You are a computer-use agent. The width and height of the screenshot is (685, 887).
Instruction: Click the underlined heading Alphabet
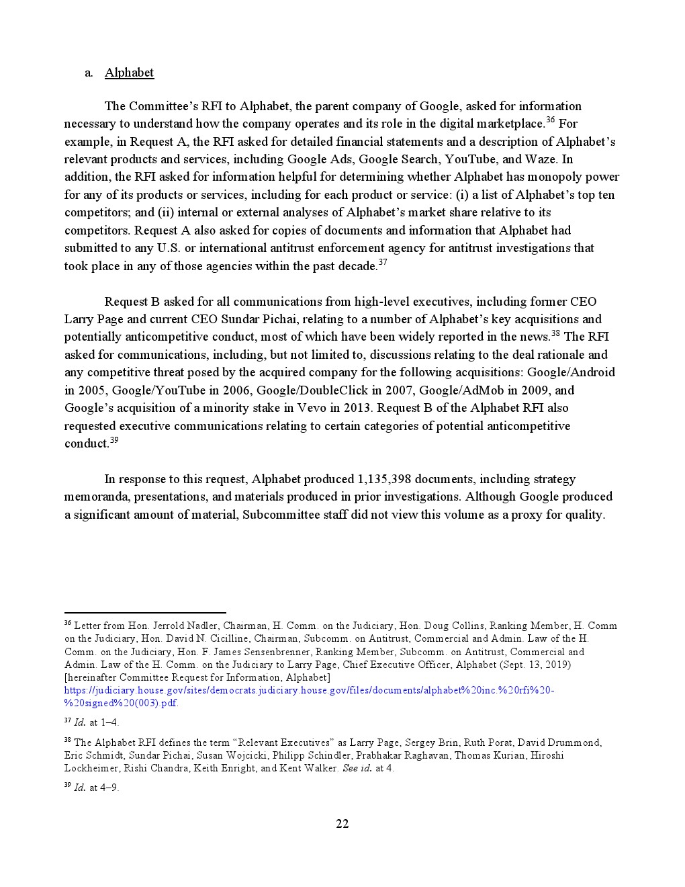coord(129,73)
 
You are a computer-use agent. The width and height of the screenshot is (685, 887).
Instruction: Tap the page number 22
coord(342,824)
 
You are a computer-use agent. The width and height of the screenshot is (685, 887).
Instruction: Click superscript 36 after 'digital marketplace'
coord(550,120)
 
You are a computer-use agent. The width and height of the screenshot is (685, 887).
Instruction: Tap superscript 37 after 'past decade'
coord(383,263)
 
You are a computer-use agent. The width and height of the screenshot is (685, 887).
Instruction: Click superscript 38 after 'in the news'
coord(555,333)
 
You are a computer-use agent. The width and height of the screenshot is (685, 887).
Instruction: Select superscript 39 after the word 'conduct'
coord(114,440)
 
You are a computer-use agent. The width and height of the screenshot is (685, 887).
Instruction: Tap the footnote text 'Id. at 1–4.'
coord(96,722)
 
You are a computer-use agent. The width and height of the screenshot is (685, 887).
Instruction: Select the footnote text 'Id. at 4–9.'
coord(96,788)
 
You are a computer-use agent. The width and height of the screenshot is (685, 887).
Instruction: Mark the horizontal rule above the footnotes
coord(145,613)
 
